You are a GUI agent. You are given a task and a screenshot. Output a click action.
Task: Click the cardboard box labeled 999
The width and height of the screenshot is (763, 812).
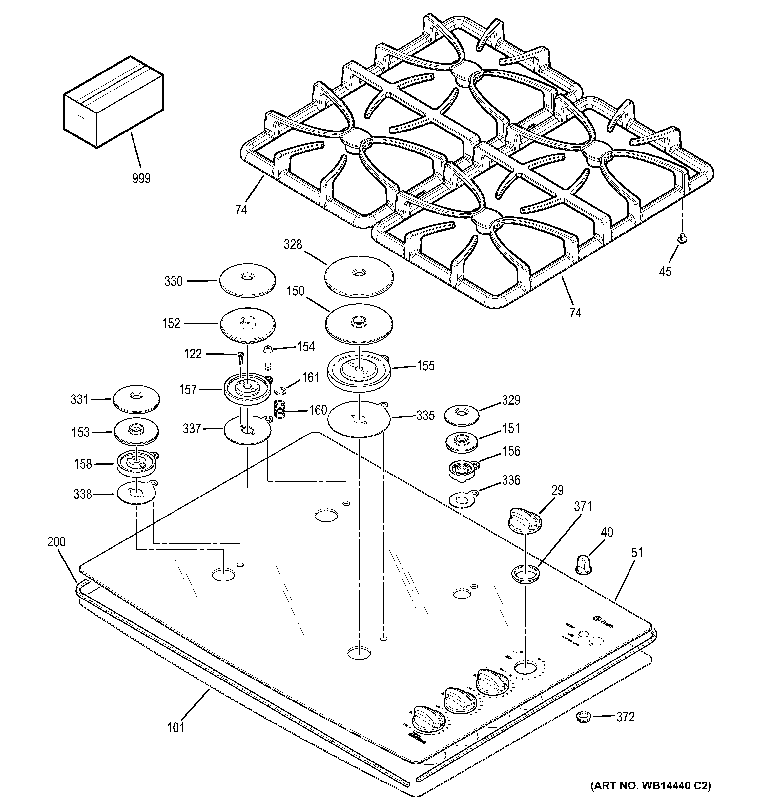(113, 102)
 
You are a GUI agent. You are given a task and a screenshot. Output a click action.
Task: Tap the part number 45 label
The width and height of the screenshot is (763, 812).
(665, 271)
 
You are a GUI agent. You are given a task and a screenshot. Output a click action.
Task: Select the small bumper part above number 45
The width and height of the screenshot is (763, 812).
(681, 238)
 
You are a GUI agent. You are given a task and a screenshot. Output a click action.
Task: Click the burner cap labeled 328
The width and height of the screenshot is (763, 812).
(359, 276)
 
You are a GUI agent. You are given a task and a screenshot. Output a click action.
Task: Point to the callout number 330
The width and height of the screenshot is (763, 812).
(173, 281)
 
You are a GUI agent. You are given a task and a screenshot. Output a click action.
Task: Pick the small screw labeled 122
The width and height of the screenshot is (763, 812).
(240, 359)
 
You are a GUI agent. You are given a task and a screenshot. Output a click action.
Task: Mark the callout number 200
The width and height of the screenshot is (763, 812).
(56, 541)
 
